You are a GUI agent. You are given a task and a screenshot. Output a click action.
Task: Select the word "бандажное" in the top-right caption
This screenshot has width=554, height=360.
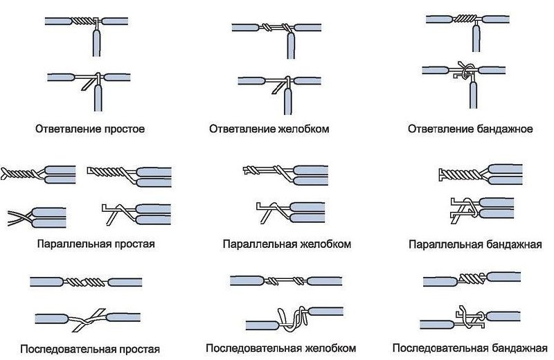pyautogui.click(x=503, y=129)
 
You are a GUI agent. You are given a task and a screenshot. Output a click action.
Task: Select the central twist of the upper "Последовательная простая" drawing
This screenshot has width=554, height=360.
pyautogui.click(x=87, y=282)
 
